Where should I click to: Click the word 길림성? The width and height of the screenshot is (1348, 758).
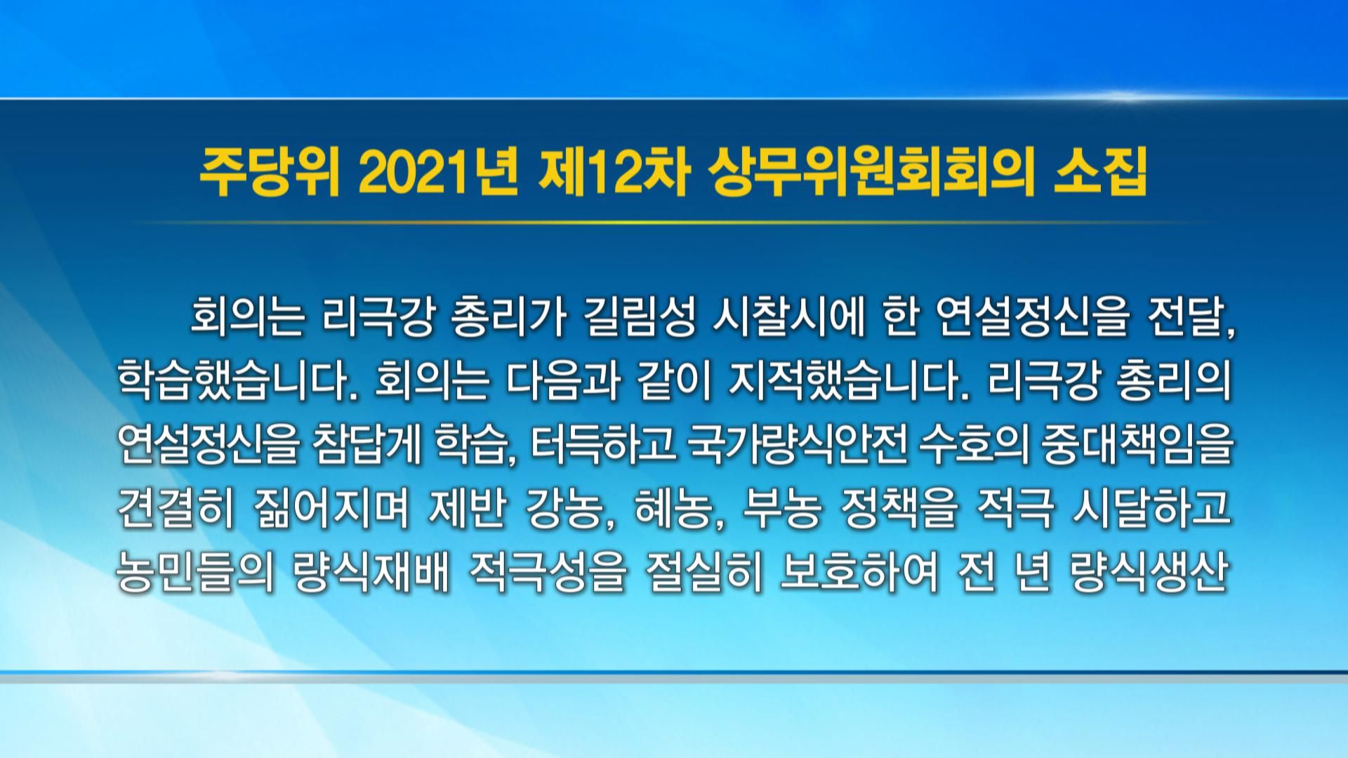click(x=640, y=319)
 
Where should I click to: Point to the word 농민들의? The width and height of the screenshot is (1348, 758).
click(x=194, y=573)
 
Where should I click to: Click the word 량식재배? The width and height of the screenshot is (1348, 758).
click(x=370, y=573)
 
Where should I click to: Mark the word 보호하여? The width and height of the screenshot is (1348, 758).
click(x=859, y=573)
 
